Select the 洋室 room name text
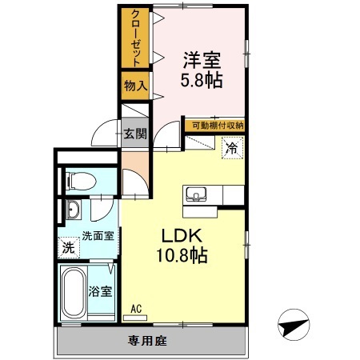tap(202, 60)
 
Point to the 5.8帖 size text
tap(202, 80)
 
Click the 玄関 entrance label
tap(134, 133)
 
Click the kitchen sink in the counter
tap(196, 194)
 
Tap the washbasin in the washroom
tap(73, 212)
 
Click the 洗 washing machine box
tap(69, 248)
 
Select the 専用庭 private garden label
tap(147, 341)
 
